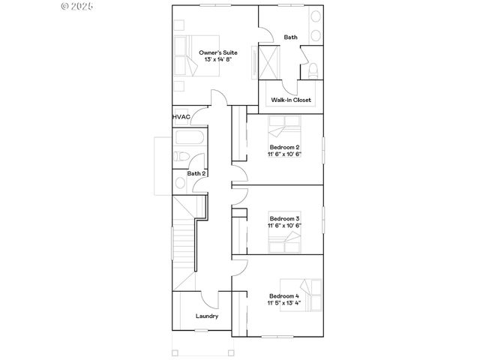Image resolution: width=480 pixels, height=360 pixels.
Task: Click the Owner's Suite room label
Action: (x=214, y=52)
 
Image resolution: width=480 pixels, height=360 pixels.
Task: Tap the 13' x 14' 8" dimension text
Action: (x=214, y=60)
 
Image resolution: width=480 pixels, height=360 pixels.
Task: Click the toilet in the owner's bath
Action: (x=313, y=70)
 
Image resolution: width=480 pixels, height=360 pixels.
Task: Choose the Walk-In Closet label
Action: (x=290, y=100)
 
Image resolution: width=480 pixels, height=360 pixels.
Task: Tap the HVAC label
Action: (x=180, y=117)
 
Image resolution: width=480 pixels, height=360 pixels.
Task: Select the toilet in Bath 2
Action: (x=180, y=157)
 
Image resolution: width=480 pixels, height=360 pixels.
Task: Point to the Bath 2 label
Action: (x=196, y=173)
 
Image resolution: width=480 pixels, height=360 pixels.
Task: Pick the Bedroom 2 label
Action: (x=284, y=147)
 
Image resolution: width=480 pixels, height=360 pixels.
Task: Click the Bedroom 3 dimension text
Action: (x=284, y=225)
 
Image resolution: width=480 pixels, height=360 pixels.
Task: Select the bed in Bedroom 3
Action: (x=284, y=241)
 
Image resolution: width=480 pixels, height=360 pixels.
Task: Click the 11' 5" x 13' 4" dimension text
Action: (x=284, y=304)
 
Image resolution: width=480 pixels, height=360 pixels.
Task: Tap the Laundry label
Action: (x=207, y=316)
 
